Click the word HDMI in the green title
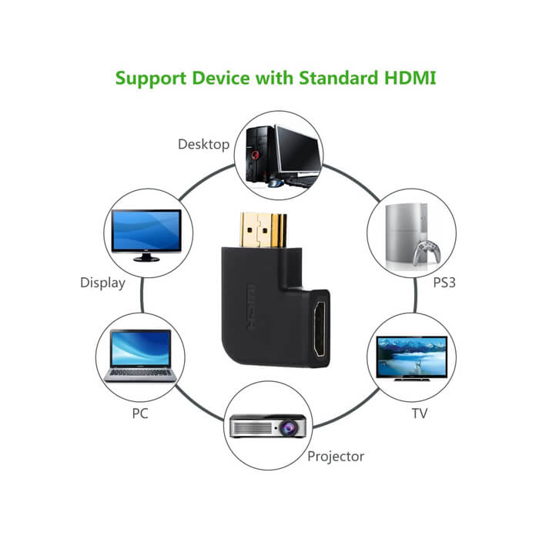pyautogui.click(x=410, y=78)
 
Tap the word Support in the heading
pyautogui.click(x=151, y=79)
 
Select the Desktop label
pyautogui.click(x=203, y=144)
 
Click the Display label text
pyautogui.click(x=102, y=283)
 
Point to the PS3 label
pyautogui.click(x=444, y=283)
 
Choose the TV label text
pyautogui.click(x=420, y=413)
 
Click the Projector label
pyautogui.click(x=336, y=457)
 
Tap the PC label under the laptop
pyautogui.click(x=140, y=413)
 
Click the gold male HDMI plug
pyautogui.click(x=263, y=230)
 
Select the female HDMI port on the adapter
pyautogui.click(x=320, y=329)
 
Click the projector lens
pyautogui.click(x=287, y=427)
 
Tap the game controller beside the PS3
pyautogui.click(x=427, y=252)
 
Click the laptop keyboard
pyautogui.click(x=140, y=373)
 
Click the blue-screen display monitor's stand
pyautogui.click(x=146, y=256)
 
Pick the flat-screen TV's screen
pyautogui.click(x=411, y=356)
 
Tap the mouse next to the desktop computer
pyautogui.click(x=275, y=183)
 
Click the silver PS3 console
pyautogui.click(x=406, y=235)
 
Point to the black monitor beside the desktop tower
pyautogui.click(x=300, y=150)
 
